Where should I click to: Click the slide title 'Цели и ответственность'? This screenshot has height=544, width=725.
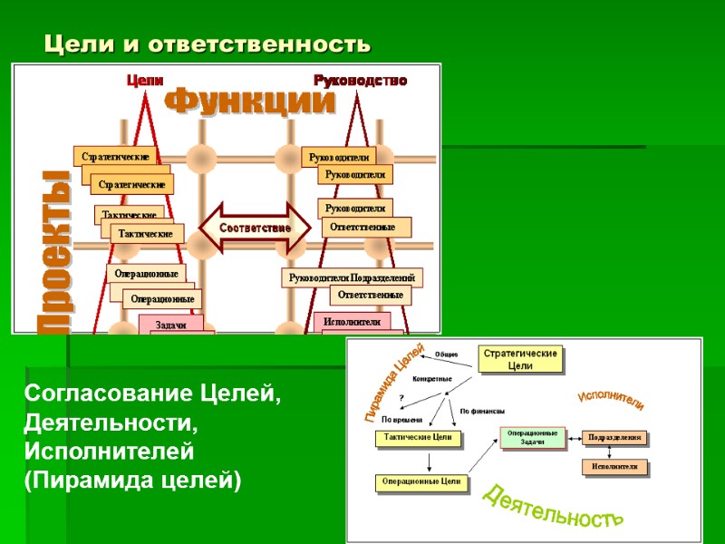[208, 44]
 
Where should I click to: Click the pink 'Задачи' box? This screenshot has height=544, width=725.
[170, 325]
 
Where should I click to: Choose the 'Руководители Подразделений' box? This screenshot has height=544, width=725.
[351, 277]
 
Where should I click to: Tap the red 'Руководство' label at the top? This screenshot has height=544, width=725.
[361, 81]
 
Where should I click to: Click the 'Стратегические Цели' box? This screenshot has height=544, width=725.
[520, 359]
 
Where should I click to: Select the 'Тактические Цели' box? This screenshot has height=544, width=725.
[418, 438]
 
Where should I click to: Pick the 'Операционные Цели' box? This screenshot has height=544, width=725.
[421, 482]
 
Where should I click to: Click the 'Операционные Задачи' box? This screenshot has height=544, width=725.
[532, 437]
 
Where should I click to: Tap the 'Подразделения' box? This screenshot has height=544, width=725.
[614, 437]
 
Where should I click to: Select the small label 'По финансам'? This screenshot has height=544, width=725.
[482, 411]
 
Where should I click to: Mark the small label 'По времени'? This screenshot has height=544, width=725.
[401, 420]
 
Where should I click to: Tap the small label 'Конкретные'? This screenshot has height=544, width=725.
[431, 378]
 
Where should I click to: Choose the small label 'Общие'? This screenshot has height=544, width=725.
[446, 354]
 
